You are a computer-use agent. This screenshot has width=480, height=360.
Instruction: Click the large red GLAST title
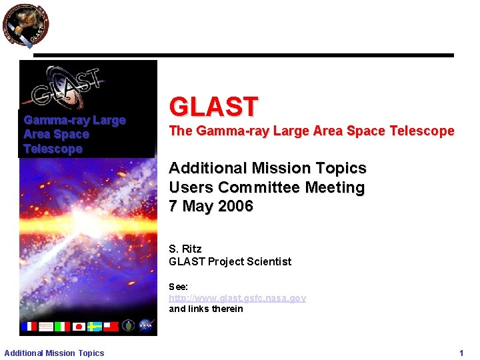[x=213, y=107]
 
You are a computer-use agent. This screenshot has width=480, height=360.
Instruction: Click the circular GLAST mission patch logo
[x=25, y=25]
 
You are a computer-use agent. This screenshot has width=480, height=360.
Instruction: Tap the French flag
[x=29, y=326]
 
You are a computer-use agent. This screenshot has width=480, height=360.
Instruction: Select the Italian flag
[x=62, y=326]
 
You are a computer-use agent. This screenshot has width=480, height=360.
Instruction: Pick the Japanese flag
[x=79, y=326]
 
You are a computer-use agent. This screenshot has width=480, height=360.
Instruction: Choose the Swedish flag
[x=95, y=326]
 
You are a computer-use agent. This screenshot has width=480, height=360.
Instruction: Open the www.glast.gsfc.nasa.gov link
[x=237, y=298]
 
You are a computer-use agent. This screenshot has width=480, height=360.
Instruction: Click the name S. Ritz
[x=185, y=249]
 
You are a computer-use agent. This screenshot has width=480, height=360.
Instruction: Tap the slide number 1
[x=461, y=353]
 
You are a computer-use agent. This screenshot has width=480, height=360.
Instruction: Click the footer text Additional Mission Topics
[x=54, y=353]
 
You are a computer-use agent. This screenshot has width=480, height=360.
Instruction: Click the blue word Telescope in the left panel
[x=53, y=149]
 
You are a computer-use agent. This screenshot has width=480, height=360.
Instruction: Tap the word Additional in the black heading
[x=203, y=168]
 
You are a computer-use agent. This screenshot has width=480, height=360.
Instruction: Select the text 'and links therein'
[x=205, y=309]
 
